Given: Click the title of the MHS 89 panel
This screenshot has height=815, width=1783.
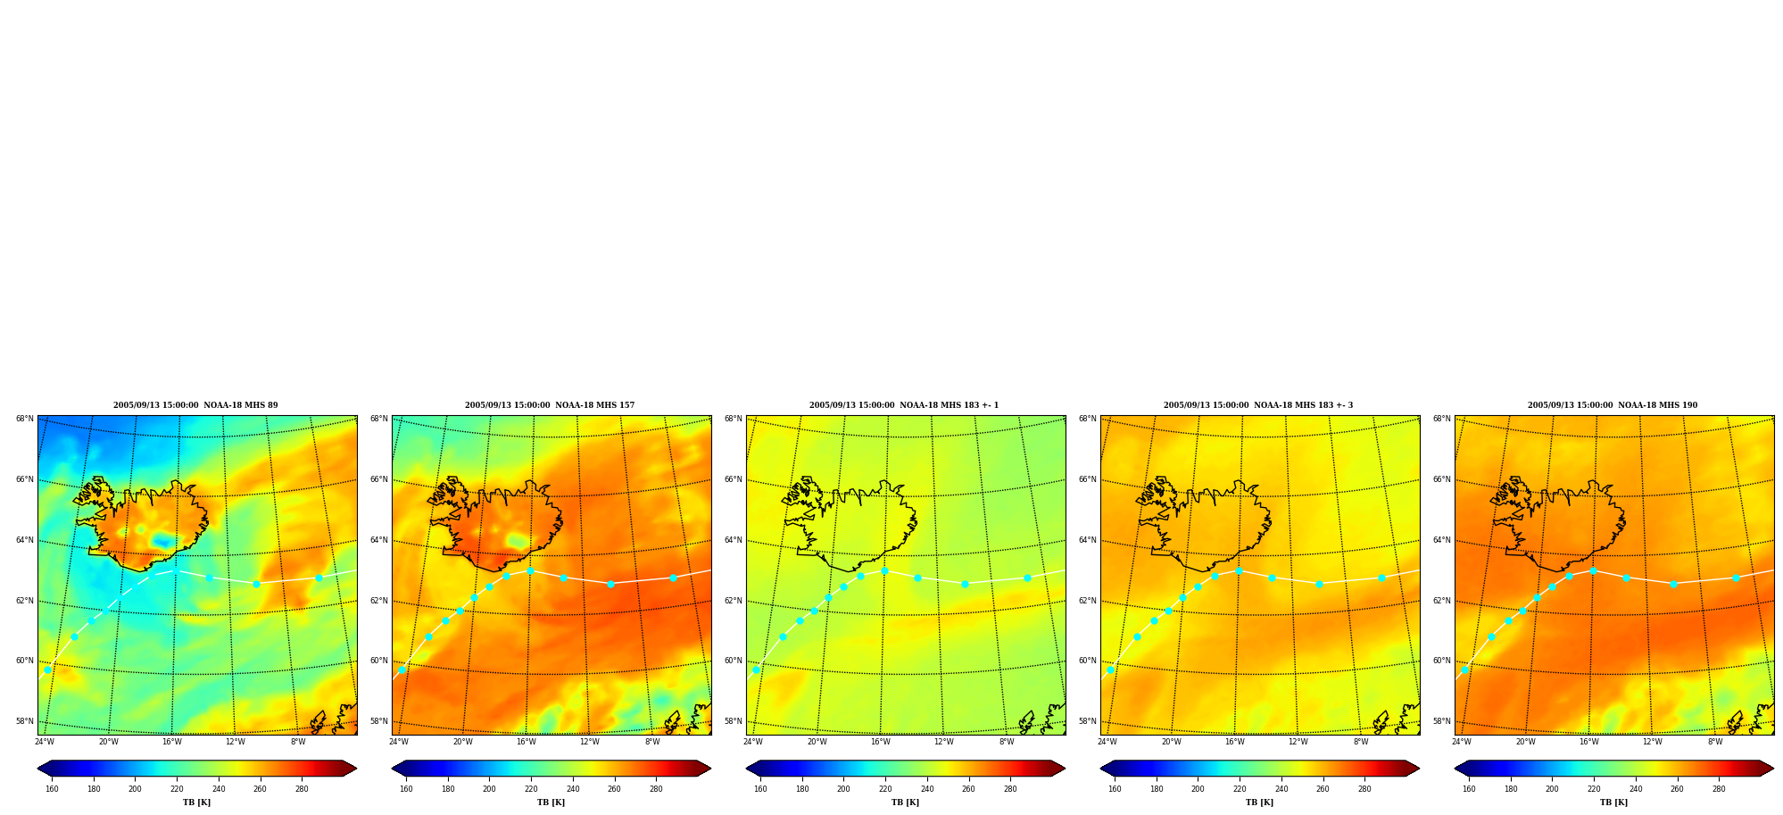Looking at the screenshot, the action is click(x=195, y=405).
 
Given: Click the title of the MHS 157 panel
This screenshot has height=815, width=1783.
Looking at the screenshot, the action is click(x=550, y=405).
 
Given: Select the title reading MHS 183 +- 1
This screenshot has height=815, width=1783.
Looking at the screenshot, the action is click(x=904, y=405).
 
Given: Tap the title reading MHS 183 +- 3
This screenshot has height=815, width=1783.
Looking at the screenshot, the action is click(x=1258, y=405).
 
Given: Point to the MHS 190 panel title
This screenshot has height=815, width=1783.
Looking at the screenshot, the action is click(x=1613, y=405).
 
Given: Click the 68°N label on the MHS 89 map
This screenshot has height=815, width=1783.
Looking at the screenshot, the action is click(x=25, y=419).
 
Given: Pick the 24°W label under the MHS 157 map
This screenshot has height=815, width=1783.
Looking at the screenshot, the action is click(x=399, y=742).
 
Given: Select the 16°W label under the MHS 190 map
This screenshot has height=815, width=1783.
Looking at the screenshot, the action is click(x=1589, y=742).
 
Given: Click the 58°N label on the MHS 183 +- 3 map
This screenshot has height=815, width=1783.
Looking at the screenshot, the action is click(x=1088, y=721).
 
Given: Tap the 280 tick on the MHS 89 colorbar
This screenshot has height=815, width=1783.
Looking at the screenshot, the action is click(x=302, y=789).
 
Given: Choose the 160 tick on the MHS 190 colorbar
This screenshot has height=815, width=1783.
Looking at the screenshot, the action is click(x=1469, y=789).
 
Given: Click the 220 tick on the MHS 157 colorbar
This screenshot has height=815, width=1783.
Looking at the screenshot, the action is click(x=531, y=789).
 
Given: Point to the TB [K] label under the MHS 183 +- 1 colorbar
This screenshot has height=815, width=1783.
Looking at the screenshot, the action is click(x=905, y=803).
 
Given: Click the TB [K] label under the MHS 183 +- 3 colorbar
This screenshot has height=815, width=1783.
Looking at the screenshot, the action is click(x=1259, y=803).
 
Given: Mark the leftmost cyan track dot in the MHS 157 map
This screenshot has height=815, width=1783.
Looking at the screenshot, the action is click(x=402, y=669).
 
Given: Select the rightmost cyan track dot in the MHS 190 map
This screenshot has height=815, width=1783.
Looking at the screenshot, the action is click(x=1736, y=578).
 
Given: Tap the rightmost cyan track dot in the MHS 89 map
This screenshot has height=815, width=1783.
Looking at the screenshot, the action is click(x=319, y=578).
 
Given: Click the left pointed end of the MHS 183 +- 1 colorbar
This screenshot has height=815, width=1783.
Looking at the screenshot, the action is click(x=747, y=769).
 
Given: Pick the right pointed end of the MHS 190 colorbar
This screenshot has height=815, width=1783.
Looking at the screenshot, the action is click(x=1772, y=769).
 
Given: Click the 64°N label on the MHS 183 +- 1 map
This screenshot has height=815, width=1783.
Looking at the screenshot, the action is click(x=734, y=540).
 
